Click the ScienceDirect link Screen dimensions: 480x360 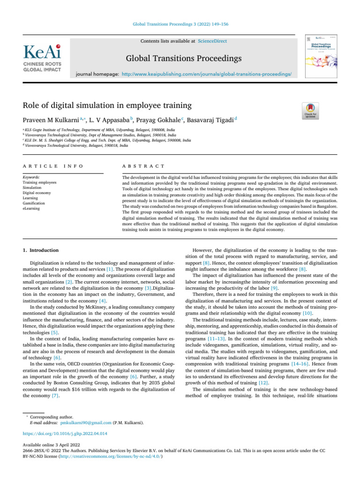[x=212, y=41]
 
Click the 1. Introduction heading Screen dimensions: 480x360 [x=41, y=250]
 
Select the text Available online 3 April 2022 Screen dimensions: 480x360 [x=51, y=444]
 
